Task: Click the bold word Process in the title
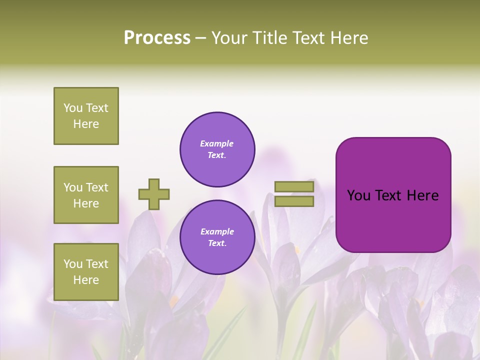coord(157,38)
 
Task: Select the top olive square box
coord(86,116)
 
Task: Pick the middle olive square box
coord(86,195)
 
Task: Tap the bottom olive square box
coord(86,272)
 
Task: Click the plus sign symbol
coord(154,194)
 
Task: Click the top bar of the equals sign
coord(294,186)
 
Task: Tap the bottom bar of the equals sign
coord(294,201)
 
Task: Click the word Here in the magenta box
coord(422,195)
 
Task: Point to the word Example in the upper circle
coord(217,143)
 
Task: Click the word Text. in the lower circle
coord(217,243)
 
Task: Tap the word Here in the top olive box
coord(86,124)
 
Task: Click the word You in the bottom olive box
coord(73,264)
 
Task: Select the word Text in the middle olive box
coord(97,187)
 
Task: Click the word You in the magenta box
coord(358,195)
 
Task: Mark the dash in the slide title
coord(201,38)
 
